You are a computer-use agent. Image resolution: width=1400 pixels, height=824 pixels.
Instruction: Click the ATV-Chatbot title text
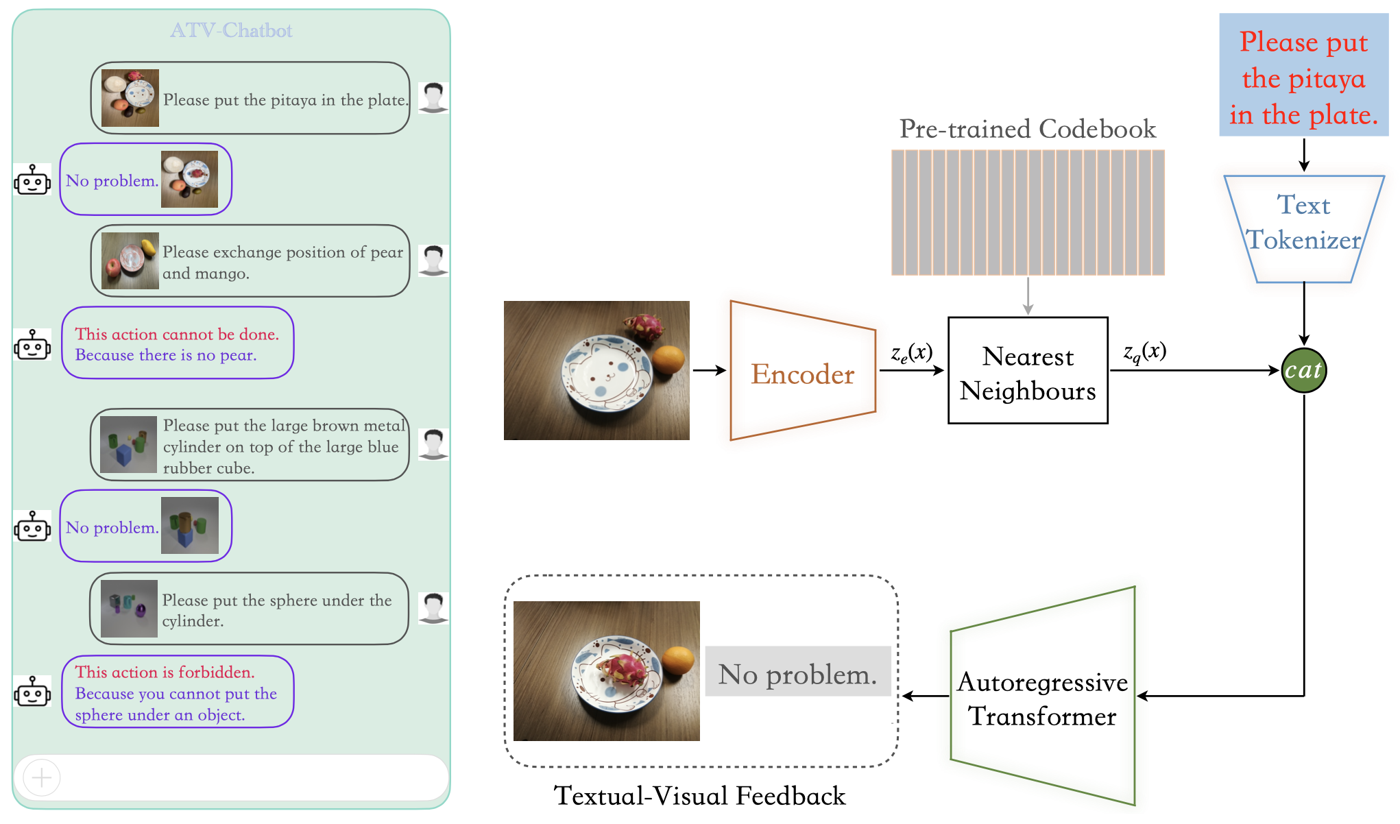tap(231, 30)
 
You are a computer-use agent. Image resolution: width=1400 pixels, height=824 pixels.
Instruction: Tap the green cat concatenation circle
tap(1303, 370)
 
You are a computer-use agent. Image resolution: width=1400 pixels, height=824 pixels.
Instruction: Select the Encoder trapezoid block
tap(802, 372)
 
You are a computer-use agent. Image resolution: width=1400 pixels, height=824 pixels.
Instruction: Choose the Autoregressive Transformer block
tap(1042, 698)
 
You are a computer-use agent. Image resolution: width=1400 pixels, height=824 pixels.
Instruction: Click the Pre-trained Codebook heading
tap(1027, 129)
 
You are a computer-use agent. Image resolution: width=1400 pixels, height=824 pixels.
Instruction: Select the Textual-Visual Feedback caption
tap(699, 796)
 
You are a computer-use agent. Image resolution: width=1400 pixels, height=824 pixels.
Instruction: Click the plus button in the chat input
tap(42, 777)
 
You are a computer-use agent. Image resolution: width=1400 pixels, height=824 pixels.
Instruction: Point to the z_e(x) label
tap(911, 353)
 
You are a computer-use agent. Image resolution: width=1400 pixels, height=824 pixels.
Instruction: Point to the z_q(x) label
tap(1144, 352)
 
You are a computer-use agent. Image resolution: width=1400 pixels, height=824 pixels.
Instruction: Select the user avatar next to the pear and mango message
tap(433, 260)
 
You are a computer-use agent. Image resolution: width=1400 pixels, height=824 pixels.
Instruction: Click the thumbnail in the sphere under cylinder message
tap(130, 609)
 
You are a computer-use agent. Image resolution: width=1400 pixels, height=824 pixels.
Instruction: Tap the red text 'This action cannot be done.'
tap(177, 334)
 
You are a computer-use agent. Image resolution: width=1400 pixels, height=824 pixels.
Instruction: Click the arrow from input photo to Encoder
tap(709, 370)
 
